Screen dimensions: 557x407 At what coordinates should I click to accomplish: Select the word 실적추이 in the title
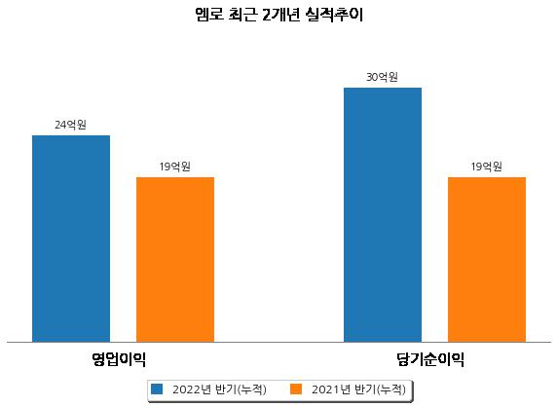coord(334,15)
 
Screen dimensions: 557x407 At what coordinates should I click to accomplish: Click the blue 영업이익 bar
coord(71,239)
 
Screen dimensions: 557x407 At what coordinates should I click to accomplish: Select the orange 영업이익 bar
coord(175,260)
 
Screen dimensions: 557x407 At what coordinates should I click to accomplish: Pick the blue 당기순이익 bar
coord(383,215)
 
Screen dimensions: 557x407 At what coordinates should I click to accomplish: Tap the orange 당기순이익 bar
coord(487,260)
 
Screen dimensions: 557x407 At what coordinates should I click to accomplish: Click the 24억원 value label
coord(70,125)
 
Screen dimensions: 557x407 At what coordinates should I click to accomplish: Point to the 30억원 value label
coord(382,77)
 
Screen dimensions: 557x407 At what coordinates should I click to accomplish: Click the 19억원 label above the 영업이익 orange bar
coord(174,166)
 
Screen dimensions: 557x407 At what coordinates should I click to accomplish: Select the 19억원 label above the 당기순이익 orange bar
coord(486,166)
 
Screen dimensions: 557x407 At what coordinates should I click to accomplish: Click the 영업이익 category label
coord(119,359)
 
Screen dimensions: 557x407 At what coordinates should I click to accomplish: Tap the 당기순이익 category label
coord(430,359)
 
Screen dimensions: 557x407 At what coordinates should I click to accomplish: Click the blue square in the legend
coord(157,388)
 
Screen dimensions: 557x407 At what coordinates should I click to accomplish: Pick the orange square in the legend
coord(296,388)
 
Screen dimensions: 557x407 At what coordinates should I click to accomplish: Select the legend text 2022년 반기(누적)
coord(219,389)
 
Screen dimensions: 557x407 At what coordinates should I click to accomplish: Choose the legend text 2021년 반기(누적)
coord(358,389)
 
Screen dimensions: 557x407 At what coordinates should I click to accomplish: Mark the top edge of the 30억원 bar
coord(383,88)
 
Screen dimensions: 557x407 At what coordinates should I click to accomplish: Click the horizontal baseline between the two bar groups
coord(278,342)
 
